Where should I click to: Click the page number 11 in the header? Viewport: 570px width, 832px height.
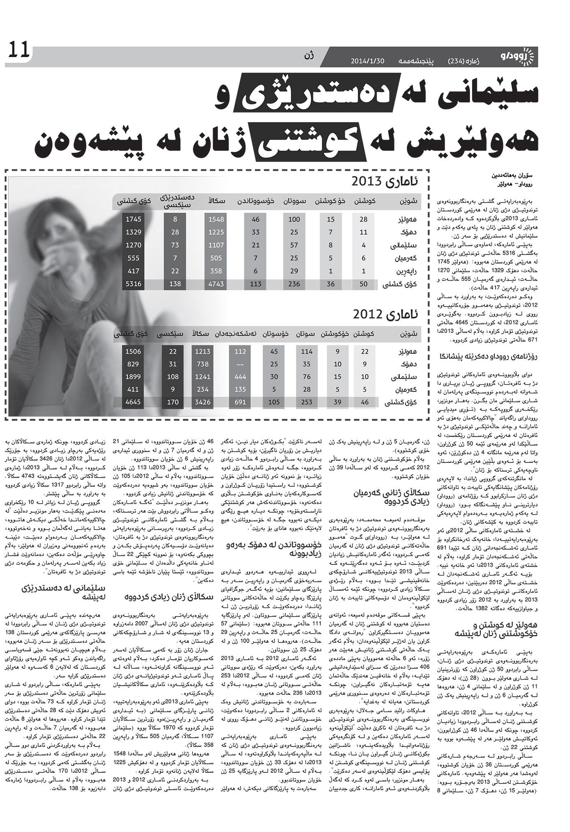click(x=17, y=51)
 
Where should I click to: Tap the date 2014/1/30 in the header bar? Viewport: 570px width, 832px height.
click(x=367, y=60)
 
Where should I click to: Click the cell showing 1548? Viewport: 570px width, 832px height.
click(x=216, y=220)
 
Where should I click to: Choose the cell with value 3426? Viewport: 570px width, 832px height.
click(x=203, y=402)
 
